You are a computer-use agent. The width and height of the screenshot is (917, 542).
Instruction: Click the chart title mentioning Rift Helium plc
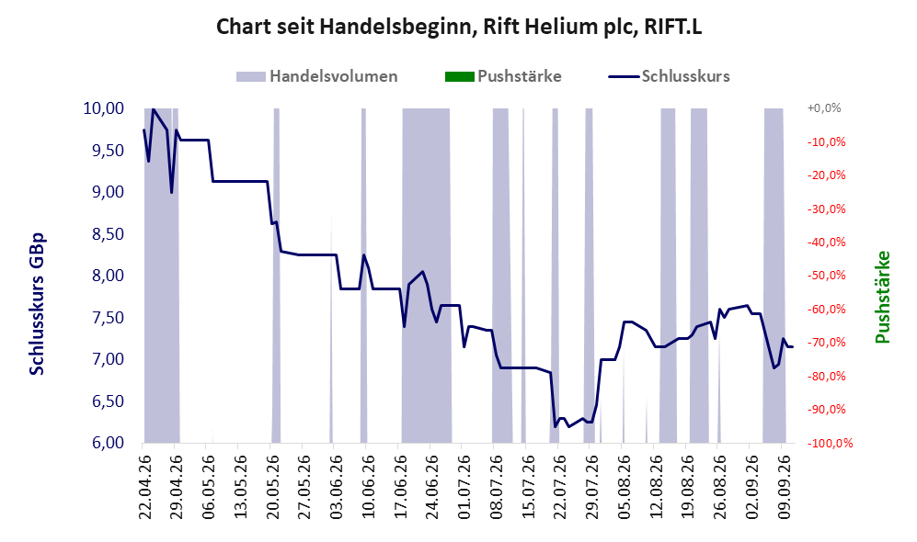click(458, 27)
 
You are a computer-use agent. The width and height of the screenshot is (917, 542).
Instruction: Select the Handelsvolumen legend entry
click(317, 76)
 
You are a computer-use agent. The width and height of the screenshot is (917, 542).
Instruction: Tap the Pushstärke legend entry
click(503, 76)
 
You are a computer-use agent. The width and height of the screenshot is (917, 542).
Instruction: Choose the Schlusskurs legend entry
click(669, 76)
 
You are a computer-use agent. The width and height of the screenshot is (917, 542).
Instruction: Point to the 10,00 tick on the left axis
click(104, 108)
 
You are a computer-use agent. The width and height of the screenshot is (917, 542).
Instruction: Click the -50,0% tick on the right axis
click(826, 275)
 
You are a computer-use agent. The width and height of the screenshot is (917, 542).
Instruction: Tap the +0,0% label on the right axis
click(824, 108)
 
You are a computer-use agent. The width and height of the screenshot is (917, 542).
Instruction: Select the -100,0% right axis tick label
click(830, 443)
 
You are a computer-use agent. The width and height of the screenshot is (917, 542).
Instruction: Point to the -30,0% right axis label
click(826, 209)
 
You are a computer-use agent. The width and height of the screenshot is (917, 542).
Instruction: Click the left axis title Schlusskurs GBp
click(37, 304)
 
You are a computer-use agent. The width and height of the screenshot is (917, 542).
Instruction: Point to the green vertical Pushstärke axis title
click(882, 297)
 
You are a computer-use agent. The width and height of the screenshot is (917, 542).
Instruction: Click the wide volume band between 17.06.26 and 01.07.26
click(426, 275)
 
